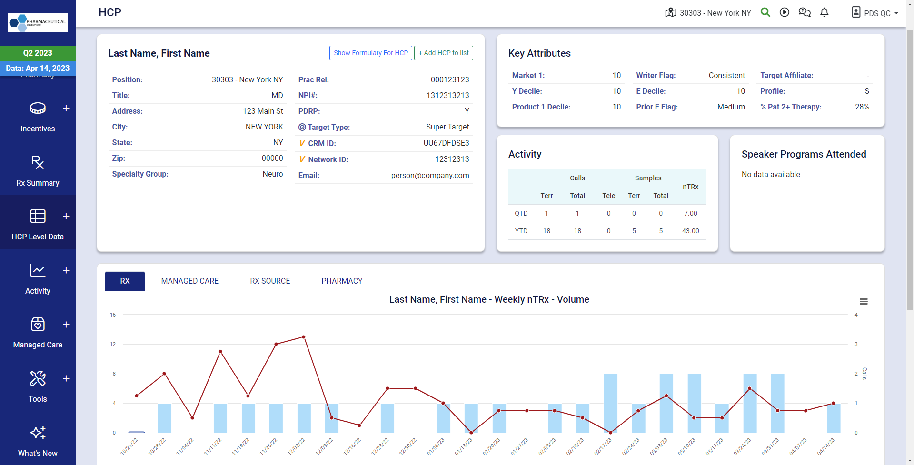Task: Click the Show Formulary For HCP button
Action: point(370,53)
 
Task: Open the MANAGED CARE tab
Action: point(189,281)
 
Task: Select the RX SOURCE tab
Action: point(270,281)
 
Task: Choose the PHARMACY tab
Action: point(342,281)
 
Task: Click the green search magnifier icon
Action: point(765,12)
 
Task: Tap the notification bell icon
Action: point(825,13)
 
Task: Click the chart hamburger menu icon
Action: point(864,301)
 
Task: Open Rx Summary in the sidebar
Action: point(38,170)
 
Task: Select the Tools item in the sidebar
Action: point(38,386)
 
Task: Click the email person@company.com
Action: point(430,175)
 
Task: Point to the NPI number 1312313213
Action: point(447,95)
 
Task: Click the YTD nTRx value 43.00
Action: point(690,231)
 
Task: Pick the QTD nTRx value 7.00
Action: point(690,213)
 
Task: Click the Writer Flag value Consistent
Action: point(726,75)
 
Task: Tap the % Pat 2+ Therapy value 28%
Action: point(862,107)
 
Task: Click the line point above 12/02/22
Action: point(304,337)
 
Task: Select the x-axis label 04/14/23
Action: point(826,446)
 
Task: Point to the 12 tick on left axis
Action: point(113,344)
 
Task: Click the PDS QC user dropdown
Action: point(875,13)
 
